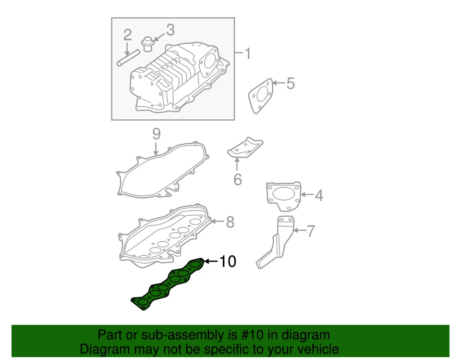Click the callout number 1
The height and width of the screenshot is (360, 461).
(247, 53)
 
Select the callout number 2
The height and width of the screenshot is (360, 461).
(127, 35)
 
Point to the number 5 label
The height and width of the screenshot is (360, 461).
(290, 83)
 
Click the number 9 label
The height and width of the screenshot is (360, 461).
(156, 134)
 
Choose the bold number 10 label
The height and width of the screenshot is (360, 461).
(228, 261)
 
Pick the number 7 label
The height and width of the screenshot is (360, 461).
(311, 231)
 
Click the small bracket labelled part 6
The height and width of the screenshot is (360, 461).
(245, 147)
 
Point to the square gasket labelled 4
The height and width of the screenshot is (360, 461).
(283, 196)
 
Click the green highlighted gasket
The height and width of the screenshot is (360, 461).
(168, 284)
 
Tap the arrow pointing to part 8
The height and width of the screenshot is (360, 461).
(217, 222)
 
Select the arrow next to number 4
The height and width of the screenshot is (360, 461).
(307, 195)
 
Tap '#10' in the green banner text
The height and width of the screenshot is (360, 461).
(239, 335)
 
